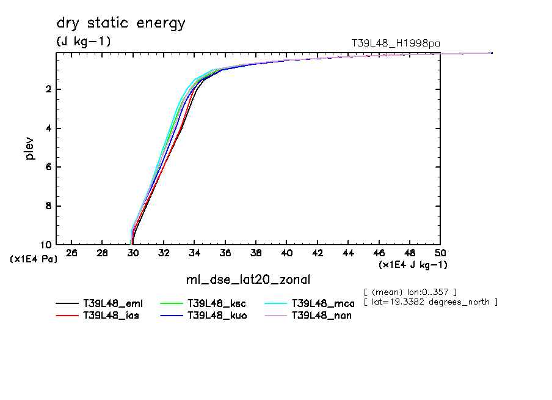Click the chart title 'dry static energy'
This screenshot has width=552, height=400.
pos(120,24)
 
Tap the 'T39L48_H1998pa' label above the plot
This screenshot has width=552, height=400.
pos(395,43)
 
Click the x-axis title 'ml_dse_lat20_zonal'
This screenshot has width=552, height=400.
pos(248,280)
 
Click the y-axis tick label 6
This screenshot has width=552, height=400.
pos(48,167)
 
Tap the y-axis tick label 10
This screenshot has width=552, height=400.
pos(46,245)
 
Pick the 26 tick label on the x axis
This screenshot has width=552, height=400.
pos(72,253)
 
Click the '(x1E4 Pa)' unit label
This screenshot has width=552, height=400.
pos(34,259)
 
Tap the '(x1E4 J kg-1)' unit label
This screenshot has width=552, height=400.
pos(413,265)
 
